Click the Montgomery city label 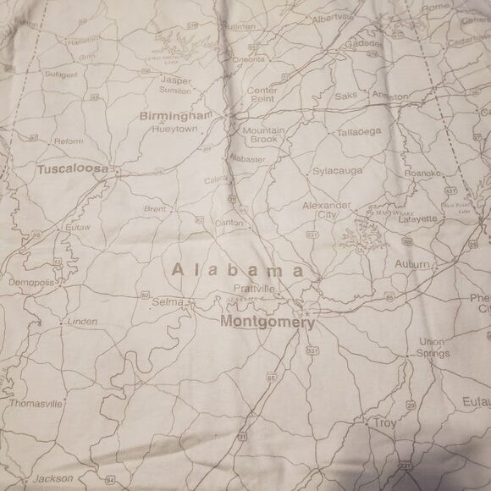267,322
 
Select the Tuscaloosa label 73,169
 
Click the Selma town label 167,302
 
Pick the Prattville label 255,289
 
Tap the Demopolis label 31,282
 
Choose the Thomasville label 36,404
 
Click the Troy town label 385,422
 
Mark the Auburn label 411,265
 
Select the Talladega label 359,132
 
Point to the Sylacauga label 337,171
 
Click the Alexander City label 327,210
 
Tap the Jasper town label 175,80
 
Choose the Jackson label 53,478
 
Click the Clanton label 229,223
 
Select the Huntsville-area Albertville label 331,18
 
